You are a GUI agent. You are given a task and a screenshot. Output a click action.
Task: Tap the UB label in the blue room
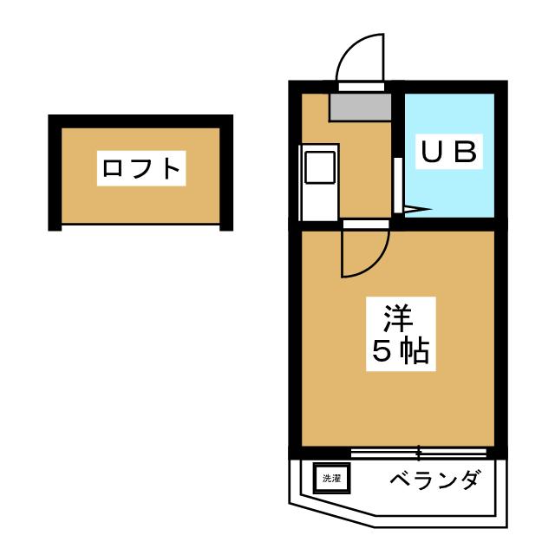[x=447, y=152]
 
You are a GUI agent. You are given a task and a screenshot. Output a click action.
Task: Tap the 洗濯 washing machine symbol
[x=331, y=478]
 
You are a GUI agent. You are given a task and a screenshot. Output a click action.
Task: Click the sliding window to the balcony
[x=419, y=452]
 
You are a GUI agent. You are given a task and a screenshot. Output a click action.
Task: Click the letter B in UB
[x=464, y=152]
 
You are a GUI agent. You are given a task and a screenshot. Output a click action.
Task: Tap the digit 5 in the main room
[x=382, y=351]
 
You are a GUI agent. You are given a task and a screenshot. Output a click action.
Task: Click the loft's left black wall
[x=55, y=173]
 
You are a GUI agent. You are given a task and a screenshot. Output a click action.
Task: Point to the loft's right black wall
[x=227, y=173]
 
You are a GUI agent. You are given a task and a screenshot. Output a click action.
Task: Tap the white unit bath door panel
[x=397, y=186]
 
